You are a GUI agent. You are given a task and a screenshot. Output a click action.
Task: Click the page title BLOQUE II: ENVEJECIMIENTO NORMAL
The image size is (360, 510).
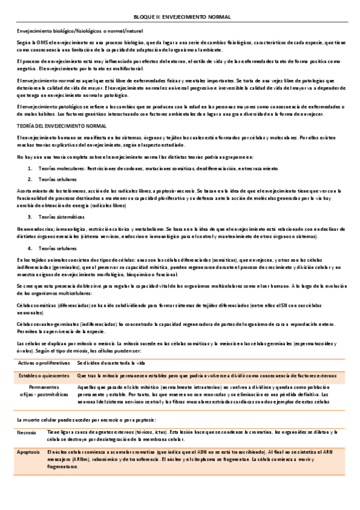181,17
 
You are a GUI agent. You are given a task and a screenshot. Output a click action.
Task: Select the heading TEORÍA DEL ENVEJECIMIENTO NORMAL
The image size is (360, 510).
53,127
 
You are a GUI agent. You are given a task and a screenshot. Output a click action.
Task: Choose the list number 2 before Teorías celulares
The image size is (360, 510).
30,179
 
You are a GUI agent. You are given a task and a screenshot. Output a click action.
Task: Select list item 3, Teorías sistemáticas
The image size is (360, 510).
61,216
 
